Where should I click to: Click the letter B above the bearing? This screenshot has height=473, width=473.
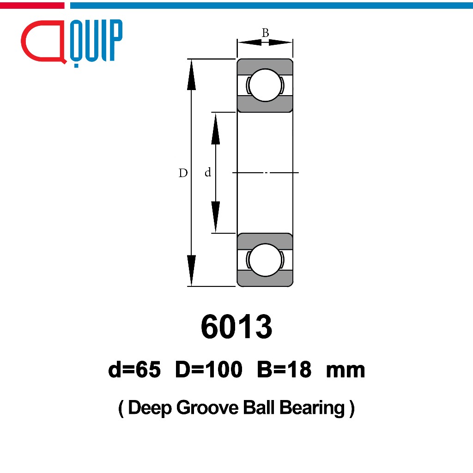click(x=265, y=33)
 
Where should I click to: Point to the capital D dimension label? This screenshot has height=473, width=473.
click(x=183, y=173)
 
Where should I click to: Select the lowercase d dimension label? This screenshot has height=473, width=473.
click(x=208, y=172)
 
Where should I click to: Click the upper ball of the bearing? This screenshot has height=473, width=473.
click(x=265, y=85)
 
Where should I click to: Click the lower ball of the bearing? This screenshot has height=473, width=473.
click(x=265, y=260)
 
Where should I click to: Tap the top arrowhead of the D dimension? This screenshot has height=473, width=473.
click(x=191, y=74)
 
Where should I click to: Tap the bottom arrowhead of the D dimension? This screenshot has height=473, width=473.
click(x=191, y=271)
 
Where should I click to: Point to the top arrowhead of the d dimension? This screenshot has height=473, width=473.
click(x=215, y=128)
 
